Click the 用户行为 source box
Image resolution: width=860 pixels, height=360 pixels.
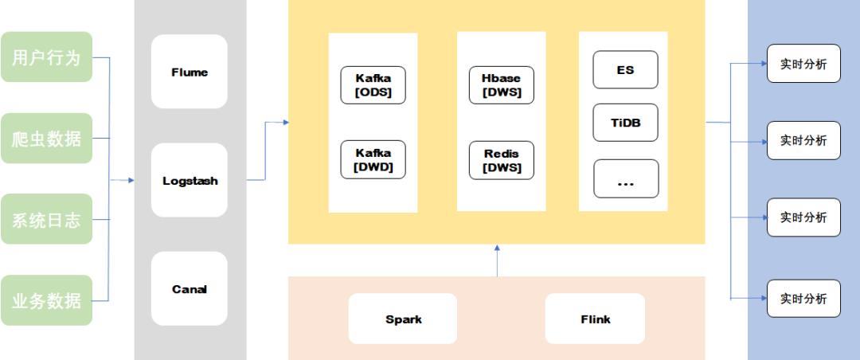pos(47,57)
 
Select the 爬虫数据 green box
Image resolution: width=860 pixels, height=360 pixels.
pos(47,139)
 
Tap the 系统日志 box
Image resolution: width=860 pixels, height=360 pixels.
pos(47,219)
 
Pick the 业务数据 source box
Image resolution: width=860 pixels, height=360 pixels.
pos(47,300)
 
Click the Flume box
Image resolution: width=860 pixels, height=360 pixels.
pos(190,72)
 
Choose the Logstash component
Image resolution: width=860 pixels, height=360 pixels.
pos(190,181)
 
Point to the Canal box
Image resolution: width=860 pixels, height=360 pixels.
pos(190,288)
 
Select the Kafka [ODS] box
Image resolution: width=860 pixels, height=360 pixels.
pos(373,85)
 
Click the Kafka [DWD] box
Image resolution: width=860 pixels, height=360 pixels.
pos(373,160)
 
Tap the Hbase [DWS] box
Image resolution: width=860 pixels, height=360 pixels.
pos(502,85)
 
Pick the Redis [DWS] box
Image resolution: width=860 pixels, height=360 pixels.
pos(502,160)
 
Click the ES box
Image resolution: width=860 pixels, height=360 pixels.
pos(625,70)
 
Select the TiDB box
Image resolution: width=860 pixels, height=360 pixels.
pos(626,123)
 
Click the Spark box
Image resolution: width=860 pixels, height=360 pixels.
pos(403,319)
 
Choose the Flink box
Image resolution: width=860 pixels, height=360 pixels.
pos(595,319)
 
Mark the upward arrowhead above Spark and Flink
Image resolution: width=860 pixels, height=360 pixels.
pos(497,248)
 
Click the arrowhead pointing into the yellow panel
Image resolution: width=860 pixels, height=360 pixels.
pos(285,123)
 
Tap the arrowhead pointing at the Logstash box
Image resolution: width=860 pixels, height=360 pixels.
pos(131,180)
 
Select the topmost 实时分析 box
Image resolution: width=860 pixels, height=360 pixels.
pos(803,64)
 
